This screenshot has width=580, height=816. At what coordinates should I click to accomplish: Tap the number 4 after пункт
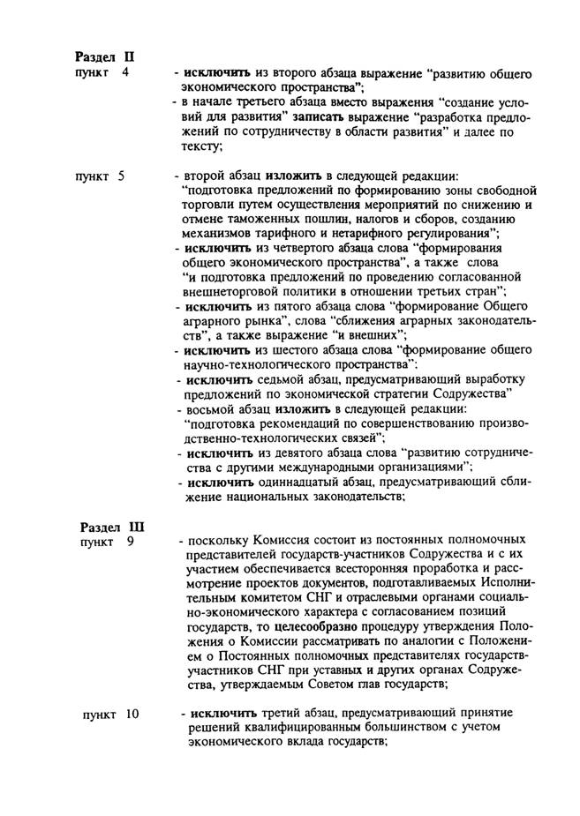(x=125, y=71)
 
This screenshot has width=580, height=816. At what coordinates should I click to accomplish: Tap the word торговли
(x=207, y=205)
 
